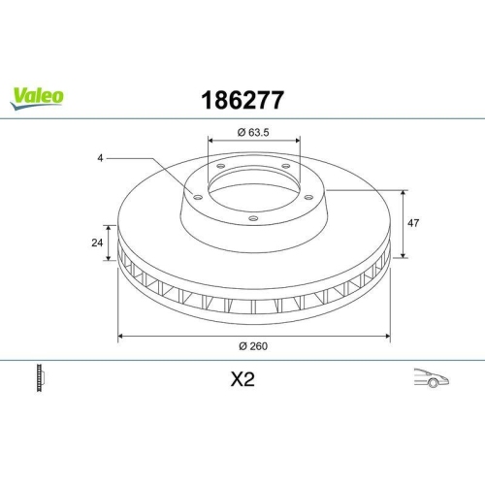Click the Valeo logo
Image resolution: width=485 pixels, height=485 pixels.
point(38,95)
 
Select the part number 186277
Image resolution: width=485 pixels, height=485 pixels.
point(242,100)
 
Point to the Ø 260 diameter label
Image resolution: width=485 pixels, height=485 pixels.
point(254,348)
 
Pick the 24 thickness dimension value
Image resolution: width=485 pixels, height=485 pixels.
point(97,242)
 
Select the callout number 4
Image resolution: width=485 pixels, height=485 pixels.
point(100,156)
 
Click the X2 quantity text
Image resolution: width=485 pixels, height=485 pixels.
point(242,379)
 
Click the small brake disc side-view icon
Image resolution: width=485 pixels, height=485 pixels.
point(41,377)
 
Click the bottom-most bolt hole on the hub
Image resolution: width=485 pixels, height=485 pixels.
point(253,218)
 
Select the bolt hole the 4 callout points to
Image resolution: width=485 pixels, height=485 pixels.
point(197,198)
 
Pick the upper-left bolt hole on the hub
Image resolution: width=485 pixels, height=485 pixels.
point(220,166)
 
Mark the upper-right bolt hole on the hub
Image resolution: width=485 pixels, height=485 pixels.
point(287,166)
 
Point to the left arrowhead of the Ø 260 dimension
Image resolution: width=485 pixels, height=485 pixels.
point(120,337)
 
